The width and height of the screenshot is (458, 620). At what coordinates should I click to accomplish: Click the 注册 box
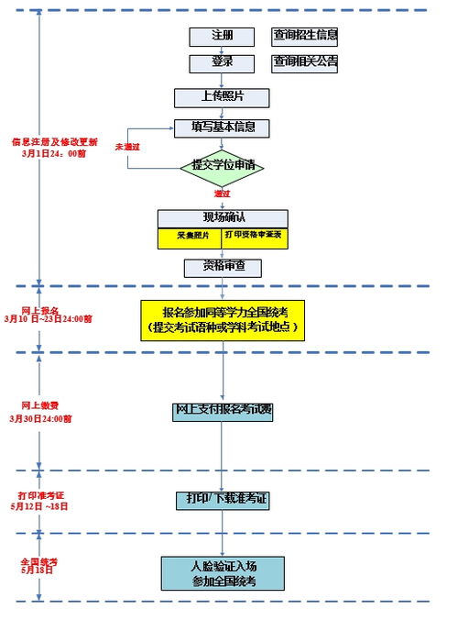click(222, 37)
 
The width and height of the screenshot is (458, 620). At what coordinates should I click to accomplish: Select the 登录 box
click(222, 63)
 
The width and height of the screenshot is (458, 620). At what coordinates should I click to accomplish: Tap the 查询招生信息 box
click(305, 37)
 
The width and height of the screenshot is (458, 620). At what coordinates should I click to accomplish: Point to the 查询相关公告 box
click(305, 63)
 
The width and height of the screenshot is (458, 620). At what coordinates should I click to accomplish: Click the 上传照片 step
click(222, 97)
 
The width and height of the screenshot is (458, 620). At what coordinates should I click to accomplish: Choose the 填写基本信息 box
click(222, 127)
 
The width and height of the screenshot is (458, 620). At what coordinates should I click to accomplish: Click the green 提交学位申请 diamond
click(223, 167)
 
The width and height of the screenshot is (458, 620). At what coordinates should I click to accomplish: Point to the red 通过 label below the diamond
click(223, 194)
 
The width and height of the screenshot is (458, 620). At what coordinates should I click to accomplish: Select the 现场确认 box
click(223, 218)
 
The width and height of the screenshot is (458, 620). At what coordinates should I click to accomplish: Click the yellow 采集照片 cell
click(191, 236)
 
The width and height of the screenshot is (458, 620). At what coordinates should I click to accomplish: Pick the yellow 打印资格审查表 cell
click(256, 236)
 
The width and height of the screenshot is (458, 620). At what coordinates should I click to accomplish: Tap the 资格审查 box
click(223, 268)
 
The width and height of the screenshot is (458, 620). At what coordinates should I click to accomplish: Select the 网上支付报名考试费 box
click(223, 411)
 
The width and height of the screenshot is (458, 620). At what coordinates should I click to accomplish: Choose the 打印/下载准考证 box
click(223, 499)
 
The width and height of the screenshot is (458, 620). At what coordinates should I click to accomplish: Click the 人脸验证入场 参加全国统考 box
click(223, 574)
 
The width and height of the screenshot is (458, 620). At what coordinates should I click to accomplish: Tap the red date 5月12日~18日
click(41, 505)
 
